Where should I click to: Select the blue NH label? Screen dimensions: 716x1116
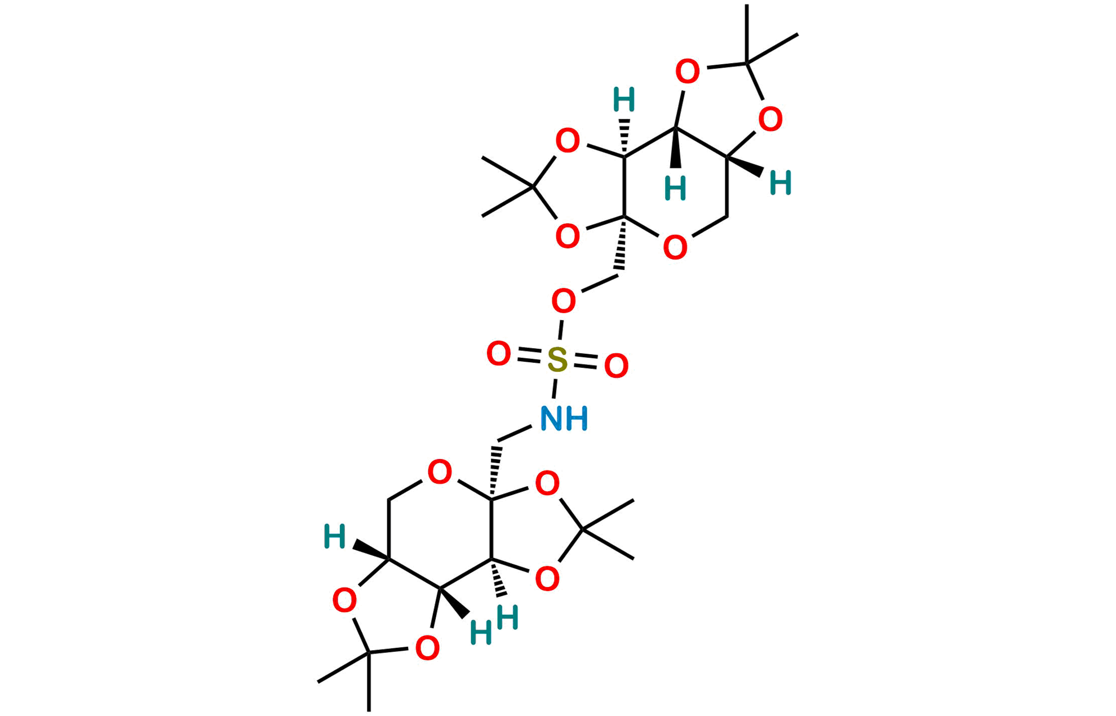click(564, 419)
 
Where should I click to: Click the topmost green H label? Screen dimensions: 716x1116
click(624, 100)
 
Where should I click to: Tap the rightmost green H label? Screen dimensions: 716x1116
click(781, 183)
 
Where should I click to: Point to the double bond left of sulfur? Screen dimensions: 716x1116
click(529, 357)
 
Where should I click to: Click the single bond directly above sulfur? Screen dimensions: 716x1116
click(560, 329)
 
